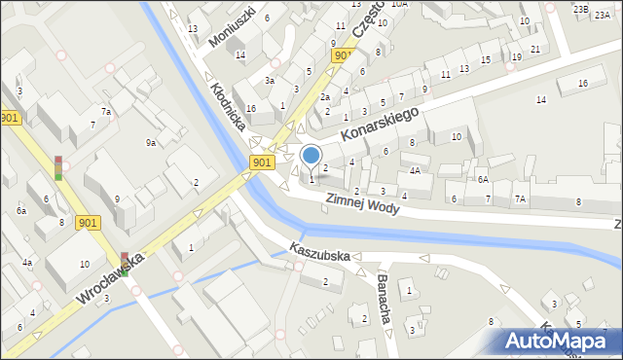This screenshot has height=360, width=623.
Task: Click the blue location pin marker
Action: (311, 156)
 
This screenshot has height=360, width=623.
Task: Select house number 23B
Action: (581, 9)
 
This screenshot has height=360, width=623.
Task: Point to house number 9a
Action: (151, 143)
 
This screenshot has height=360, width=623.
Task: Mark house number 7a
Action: (106, 112)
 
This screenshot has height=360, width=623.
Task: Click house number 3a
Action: (270, 81)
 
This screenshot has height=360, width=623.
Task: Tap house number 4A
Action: (415, 170)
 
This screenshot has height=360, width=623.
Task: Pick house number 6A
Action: (482, 179)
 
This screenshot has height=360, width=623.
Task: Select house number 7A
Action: (520, 198)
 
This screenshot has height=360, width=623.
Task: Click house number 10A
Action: (399, 4)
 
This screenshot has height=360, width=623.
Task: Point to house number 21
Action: (535, 49)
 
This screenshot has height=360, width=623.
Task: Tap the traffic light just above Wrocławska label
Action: (125, 262)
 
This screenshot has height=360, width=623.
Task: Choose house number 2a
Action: (326, 97)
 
